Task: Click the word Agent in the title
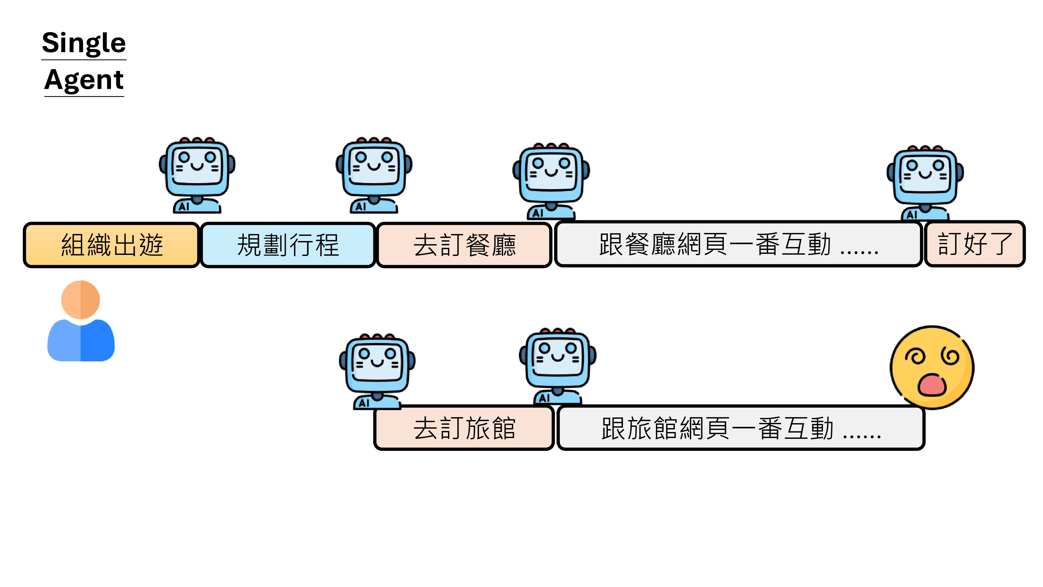coord(84,80)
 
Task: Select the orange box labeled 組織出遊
coord(111,245)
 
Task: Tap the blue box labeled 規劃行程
coord(288,245)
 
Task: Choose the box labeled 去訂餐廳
coord(464,245)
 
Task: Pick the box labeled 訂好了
coord(975,244)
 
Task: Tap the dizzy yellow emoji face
coord(932,367)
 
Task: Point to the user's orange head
coord(81,300)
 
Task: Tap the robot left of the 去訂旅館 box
coord(377,371)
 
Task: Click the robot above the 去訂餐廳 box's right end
coord(551,180)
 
